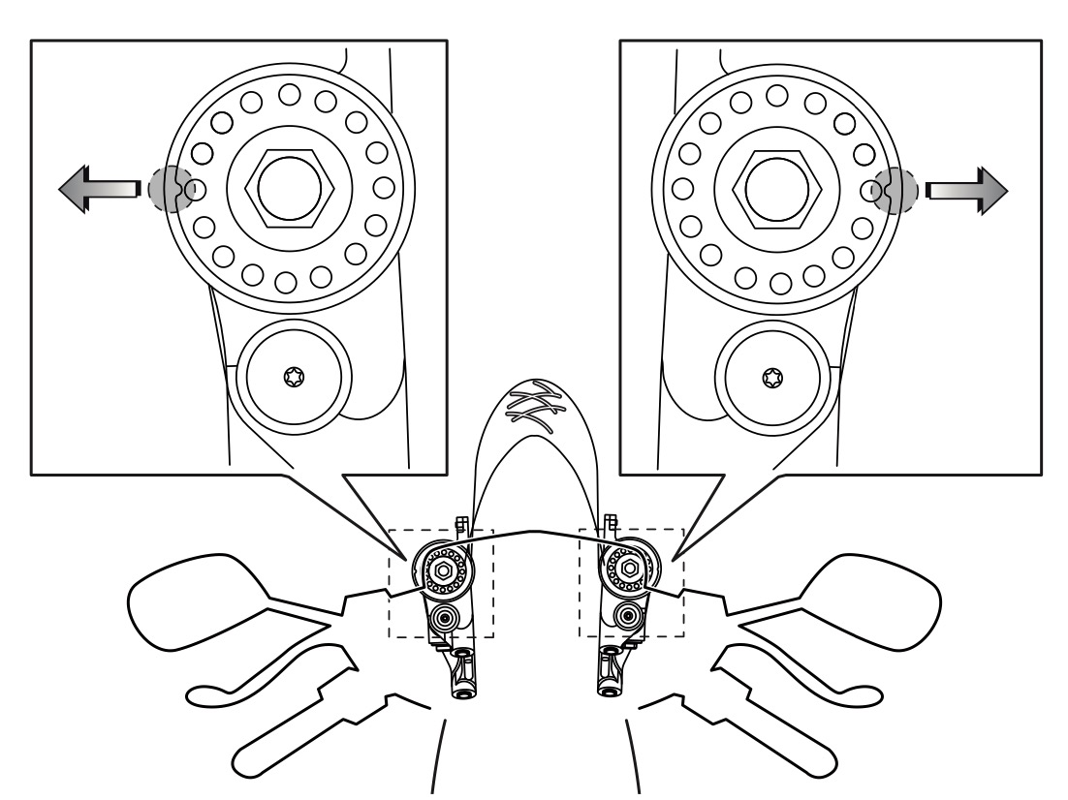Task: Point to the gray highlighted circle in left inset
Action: tap(168, 189)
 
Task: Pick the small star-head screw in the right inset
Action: tap(772, 376)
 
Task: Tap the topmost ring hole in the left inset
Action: tap(289, 95)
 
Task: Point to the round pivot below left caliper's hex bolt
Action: tap(445, 617)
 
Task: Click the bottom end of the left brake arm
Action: tap(463, 690)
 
